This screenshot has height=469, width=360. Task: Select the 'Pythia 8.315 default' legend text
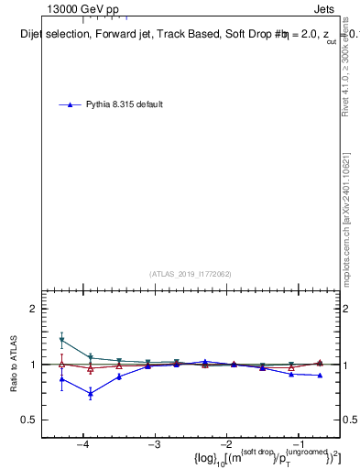pos(125,104)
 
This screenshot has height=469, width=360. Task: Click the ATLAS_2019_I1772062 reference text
pos(191,274)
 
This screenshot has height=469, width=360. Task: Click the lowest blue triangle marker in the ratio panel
pos(91,394)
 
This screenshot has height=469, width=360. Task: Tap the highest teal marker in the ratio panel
pos(61,340)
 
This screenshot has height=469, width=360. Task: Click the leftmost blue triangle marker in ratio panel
pos(61,378)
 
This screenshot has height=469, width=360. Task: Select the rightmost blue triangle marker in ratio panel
pos(320,376)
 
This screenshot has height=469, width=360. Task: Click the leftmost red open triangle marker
pos(61,365)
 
